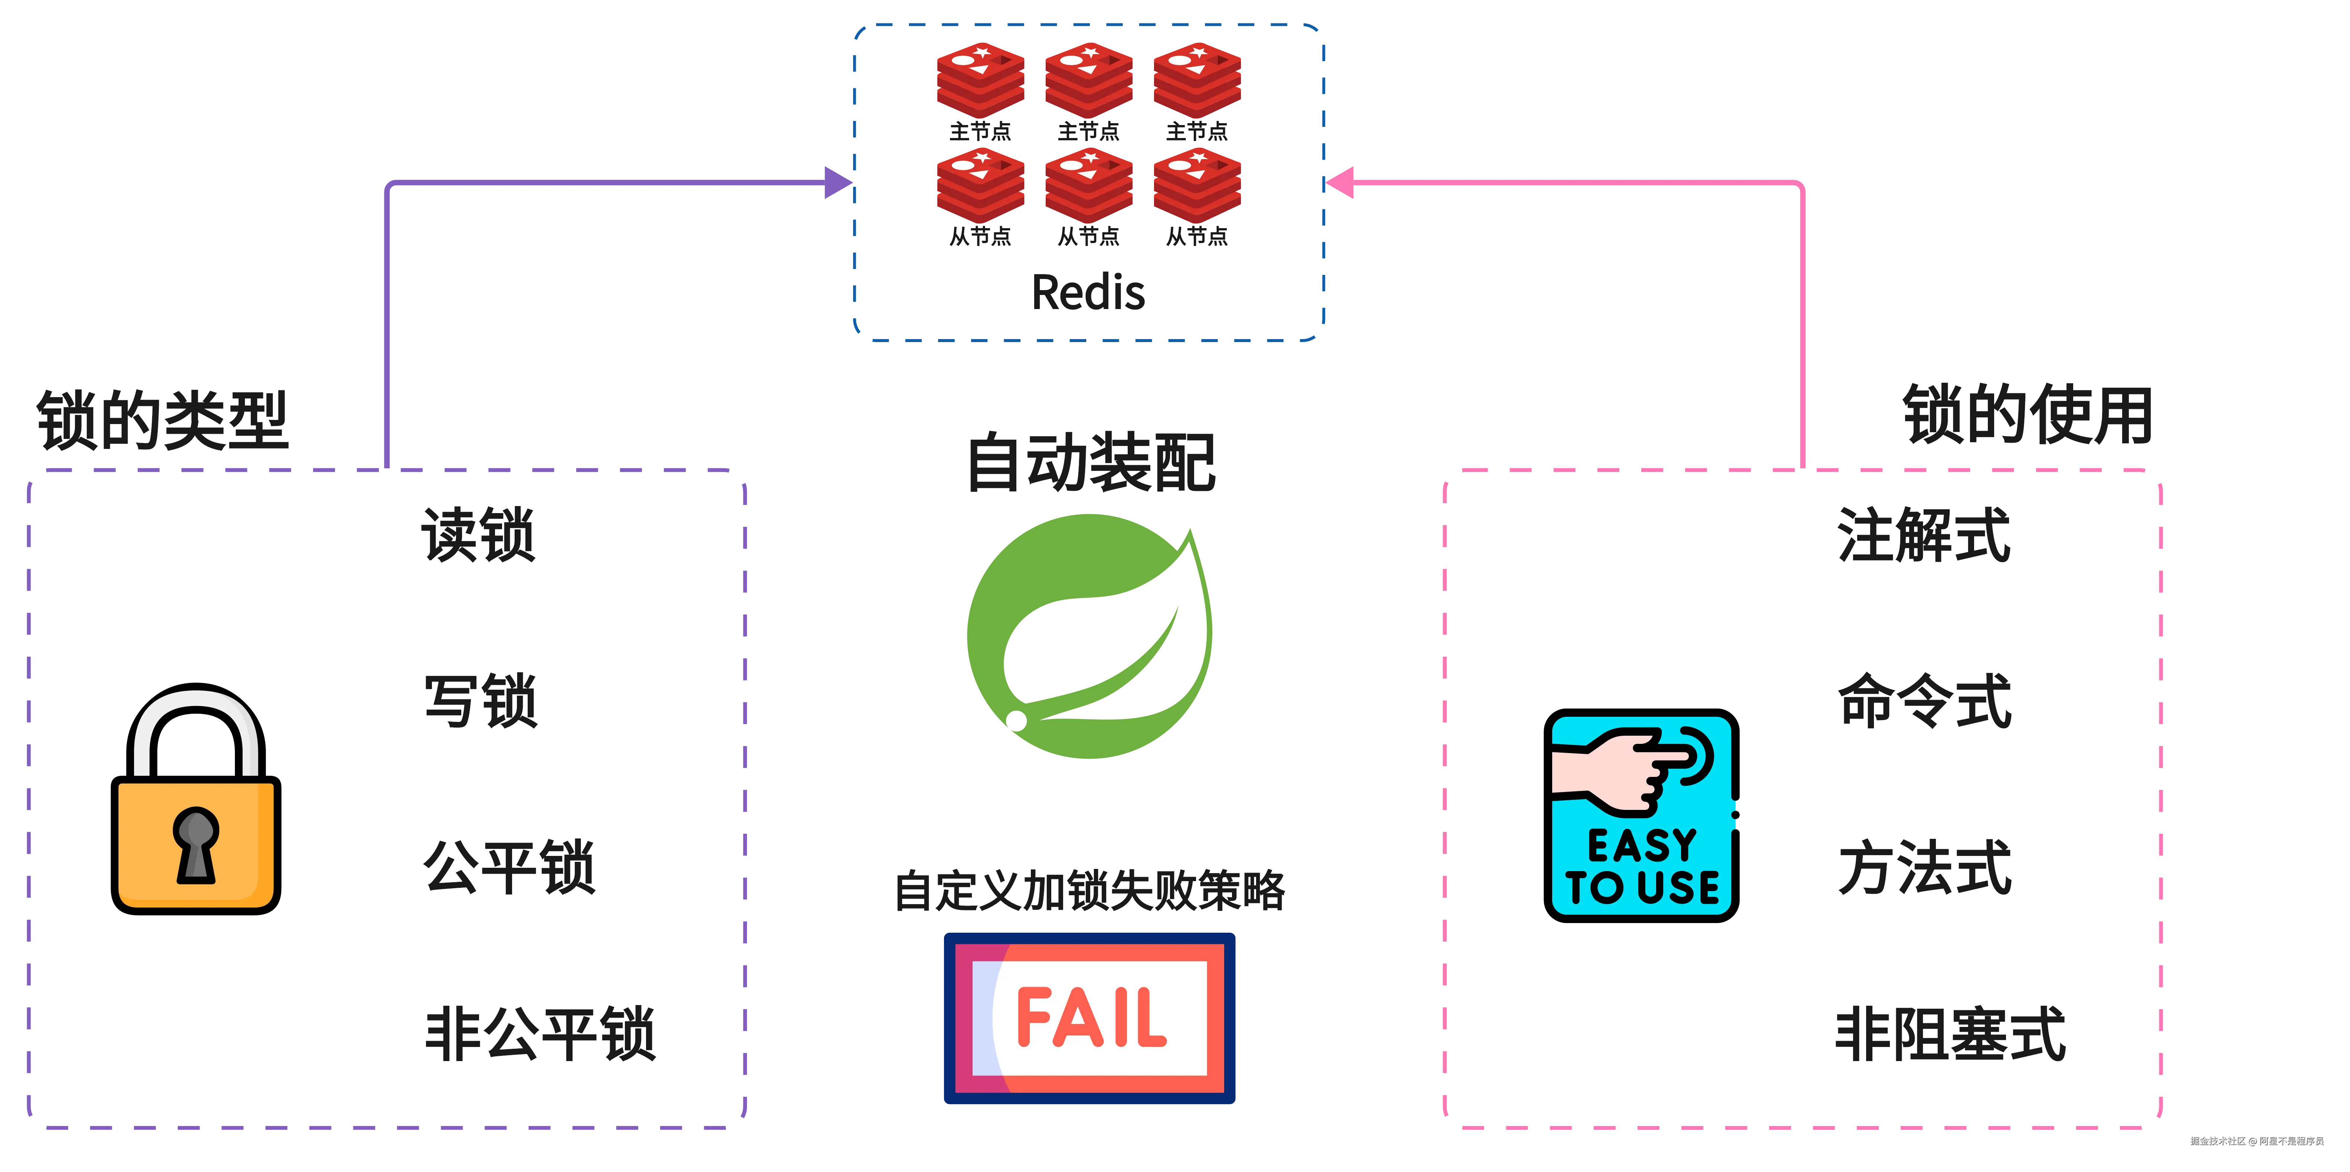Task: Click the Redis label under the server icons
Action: (1088, 293)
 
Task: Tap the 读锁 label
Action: (478, 535)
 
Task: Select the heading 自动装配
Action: (1090, 463)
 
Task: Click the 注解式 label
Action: (1923, 535)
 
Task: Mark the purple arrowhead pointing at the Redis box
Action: (836, 183)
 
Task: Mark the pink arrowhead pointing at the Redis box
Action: (1339, 183)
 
